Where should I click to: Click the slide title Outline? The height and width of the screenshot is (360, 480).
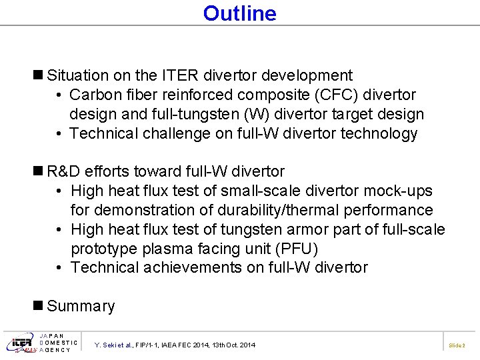(x=239, y=13)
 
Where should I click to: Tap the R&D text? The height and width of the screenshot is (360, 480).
(x=65, y=172)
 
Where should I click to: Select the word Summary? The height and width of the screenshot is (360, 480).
(x=81, y=307)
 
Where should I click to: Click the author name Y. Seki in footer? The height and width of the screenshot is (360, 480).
(x=107, y=345)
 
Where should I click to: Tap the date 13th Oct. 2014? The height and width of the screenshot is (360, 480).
(x=231, y=345)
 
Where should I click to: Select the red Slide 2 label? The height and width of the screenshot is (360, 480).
(x=457, y=345)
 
